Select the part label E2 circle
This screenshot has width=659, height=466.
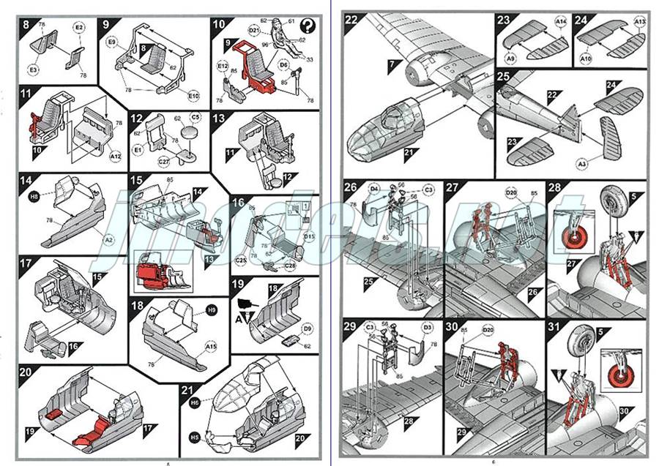79,26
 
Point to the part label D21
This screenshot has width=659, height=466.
253,30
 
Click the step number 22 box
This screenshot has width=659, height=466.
352,20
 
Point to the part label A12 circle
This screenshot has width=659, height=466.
115,156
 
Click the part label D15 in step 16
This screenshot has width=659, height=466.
308,236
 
